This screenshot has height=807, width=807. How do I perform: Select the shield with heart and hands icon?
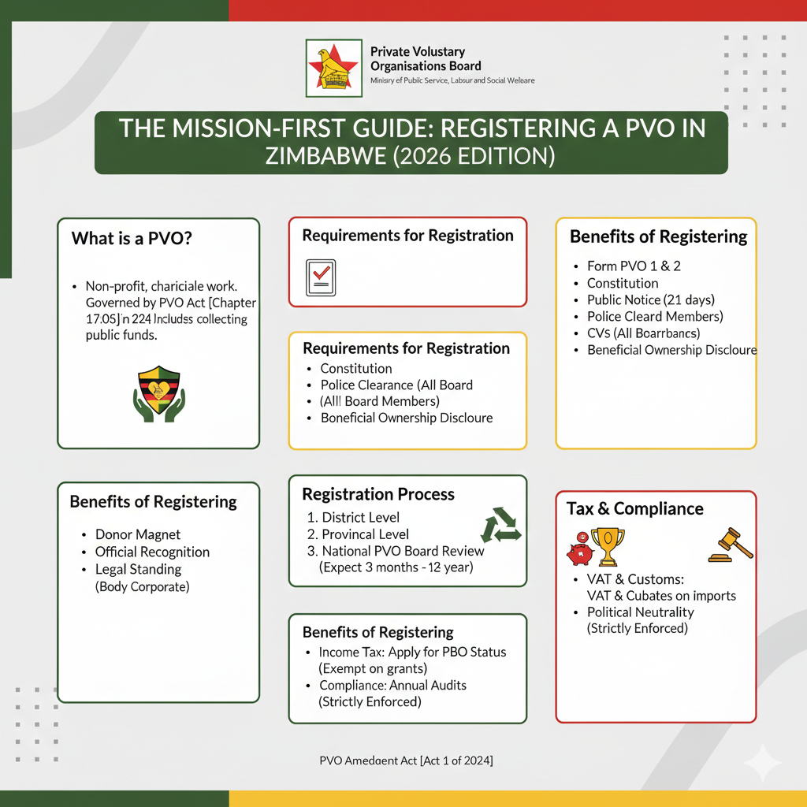158,393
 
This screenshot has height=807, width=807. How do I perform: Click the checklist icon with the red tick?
321,277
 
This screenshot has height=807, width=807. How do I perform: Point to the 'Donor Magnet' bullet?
138,534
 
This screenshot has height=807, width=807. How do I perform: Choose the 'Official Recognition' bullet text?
152,552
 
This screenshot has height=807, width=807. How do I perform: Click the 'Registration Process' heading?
378,494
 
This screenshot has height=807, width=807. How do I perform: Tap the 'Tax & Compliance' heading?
634,508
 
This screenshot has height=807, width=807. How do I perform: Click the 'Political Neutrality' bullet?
641,612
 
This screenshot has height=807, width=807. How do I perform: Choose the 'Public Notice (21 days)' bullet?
651,299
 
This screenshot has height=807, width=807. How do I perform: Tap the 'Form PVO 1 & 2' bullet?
634,266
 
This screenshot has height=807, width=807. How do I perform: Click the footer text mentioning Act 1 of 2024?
407,761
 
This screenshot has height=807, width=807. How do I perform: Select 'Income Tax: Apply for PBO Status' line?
412,653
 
